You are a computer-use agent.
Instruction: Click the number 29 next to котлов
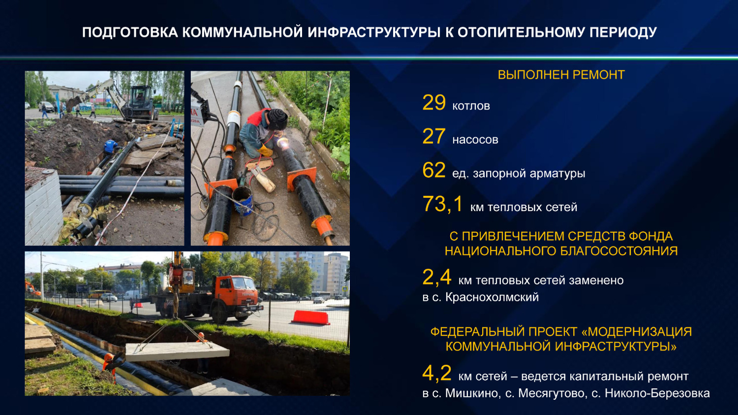coord(434,102)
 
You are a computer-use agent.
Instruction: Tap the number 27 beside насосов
coord(434,136)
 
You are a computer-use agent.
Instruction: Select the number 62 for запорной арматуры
coord(434,170)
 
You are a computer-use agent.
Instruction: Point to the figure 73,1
coord(443,204)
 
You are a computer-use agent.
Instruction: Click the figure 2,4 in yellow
coord(437,277)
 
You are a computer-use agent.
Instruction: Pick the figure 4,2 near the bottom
coord(437,373)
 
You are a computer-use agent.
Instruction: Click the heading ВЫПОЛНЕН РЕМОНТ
coord(561,75)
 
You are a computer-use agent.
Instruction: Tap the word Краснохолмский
coord(492,297)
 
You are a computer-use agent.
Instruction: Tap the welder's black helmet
coord(277,119)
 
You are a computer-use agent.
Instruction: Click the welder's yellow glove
coord(265,151)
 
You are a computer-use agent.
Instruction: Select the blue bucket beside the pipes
coord(243,201)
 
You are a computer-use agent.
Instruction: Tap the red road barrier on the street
coord(310,318)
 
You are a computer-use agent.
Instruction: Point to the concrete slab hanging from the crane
coord(177,351)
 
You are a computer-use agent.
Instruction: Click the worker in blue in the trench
coord(110,147)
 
